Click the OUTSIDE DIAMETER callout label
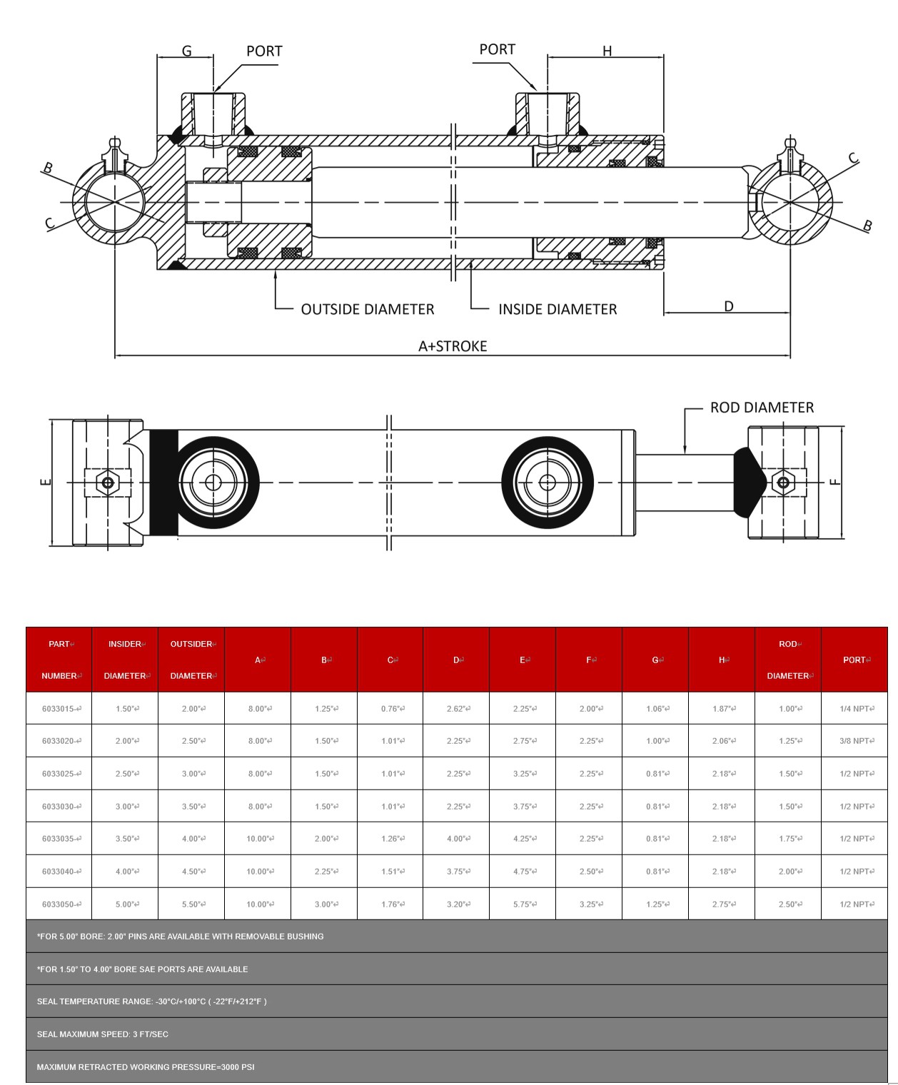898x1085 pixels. tap(367, 309)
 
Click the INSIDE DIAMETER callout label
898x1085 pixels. tap(558, 309)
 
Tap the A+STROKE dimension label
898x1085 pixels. tap(453, 346)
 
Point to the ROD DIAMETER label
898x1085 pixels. tap(762, 408)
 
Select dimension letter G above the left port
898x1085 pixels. tap(186, 51)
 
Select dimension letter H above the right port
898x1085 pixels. tap(607, 51)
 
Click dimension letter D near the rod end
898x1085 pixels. tap(728, 306)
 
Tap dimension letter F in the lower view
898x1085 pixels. tap(835, 482)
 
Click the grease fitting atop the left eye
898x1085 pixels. tap(114, 148)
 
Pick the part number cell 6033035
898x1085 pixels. tap(61, 839)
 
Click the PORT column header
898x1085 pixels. tap(854, 660)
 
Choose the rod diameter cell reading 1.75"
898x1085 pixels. tap(789, 839)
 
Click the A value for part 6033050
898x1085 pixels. tap(258, 904)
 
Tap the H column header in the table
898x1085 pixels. tap(722, 660)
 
